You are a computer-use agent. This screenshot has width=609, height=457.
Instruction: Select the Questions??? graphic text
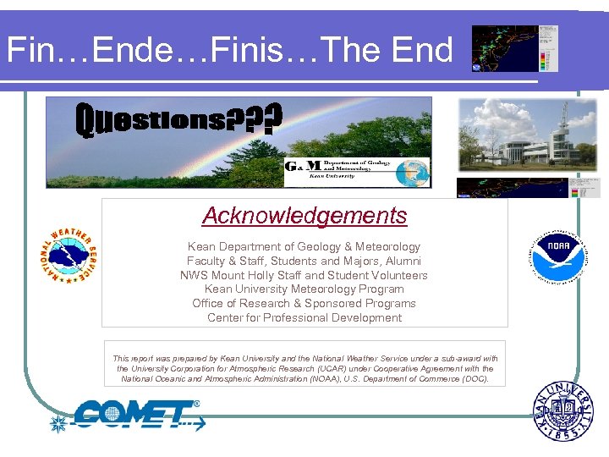(x=178, y=121)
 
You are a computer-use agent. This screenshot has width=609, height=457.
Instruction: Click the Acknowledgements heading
(x=304, y=216)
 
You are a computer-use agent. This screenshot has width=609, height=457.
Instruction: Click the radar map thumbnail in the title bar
(x=514, y=48)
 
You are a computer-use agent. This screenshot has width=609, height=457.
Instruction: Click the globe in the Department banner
(x=416, y=172)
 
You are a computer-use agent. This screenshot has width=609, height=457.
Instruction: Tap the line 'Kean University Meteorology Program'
(x=304, y=289)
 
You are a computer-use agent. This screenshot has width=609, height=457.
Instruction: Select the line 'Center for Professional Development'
(x=304, y=318)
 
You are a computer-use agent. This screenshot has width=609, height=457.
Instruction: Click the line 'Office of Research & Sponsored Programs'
(x=304, y=304)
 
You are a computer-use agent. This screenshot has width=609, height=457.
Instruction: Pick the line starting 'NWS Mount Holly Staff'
(x=304, y=275)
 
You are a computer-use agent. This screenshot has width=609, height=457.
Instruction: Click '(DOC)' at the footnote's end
(x=475, y=379)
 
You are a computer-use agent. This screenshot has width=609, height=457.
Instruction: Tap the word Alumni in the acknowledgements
(x=401, y=261)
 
